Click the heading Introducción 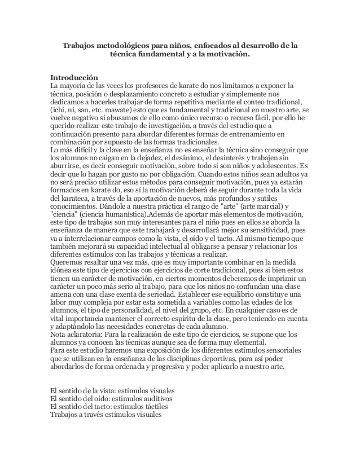tap(74, 77)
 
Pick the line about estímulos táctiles tap(109, 406)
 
